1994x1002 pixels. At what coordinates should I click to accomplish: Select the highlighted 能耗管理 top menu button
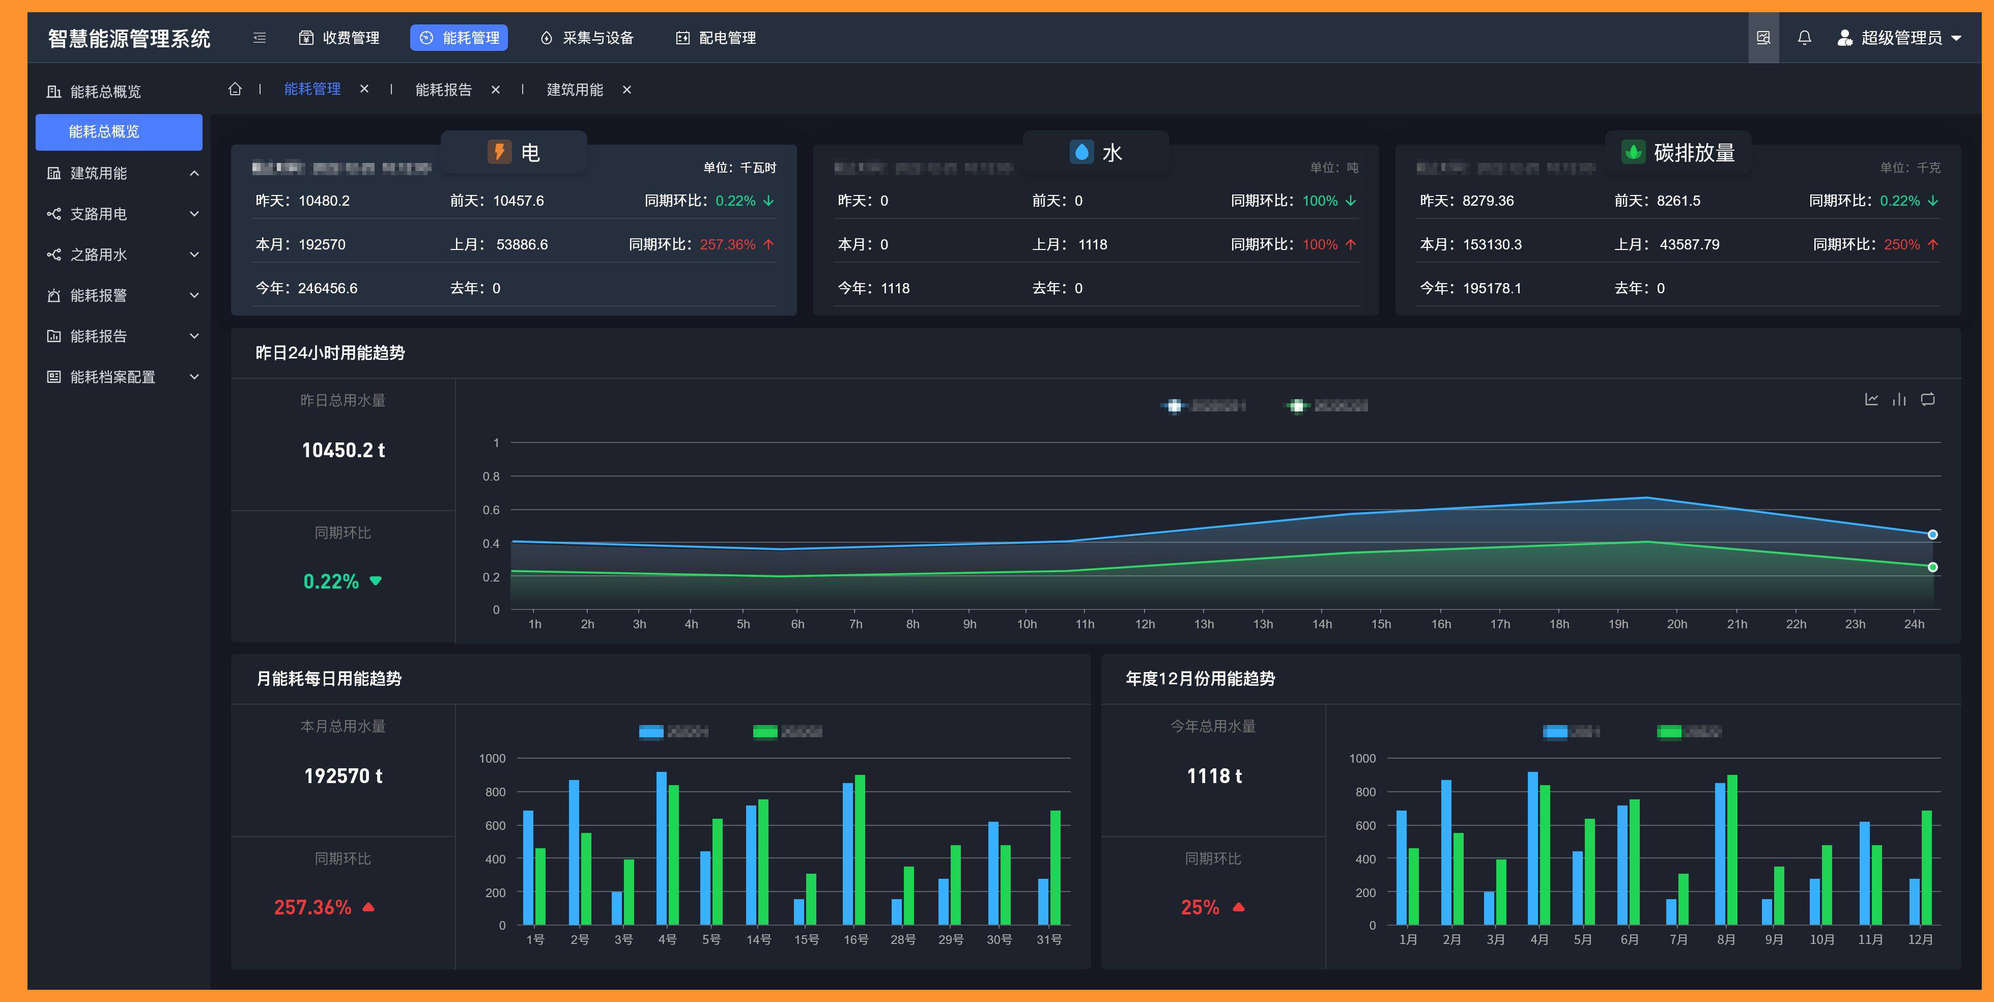tap(459, 38)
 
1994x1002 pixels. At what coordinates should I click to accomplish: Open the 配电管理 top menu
tap(716, 38)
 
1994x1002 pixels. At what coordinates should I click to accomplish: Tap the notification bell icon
tap(1804, 38)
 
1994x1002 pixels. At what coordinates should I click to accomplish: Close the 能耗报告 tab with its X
tap(495, 90)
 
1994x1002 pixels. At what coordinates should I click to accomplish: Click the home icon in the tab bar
tap(235, 89)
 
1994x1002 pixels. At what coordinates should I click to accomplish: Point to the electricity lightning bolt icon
tap(499, 152)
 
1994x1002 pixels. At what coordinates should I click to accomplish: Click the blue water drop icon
tap(1081, 152)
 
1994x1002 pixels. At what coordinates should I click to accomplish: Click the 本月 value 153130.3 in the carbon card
tap(1492, 245)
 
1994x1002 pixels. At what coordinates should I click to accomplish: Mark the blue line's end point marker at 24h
tap(1932, 534)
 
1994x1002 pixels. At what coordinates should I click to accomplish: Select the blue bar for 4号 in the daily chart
tap(661, 848)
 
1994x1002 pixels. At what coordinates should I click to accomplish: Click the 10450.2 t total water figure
tap(343, 451)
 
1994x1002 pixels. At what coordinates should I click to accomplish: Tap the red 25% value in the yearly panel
tap(1200, 907)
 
